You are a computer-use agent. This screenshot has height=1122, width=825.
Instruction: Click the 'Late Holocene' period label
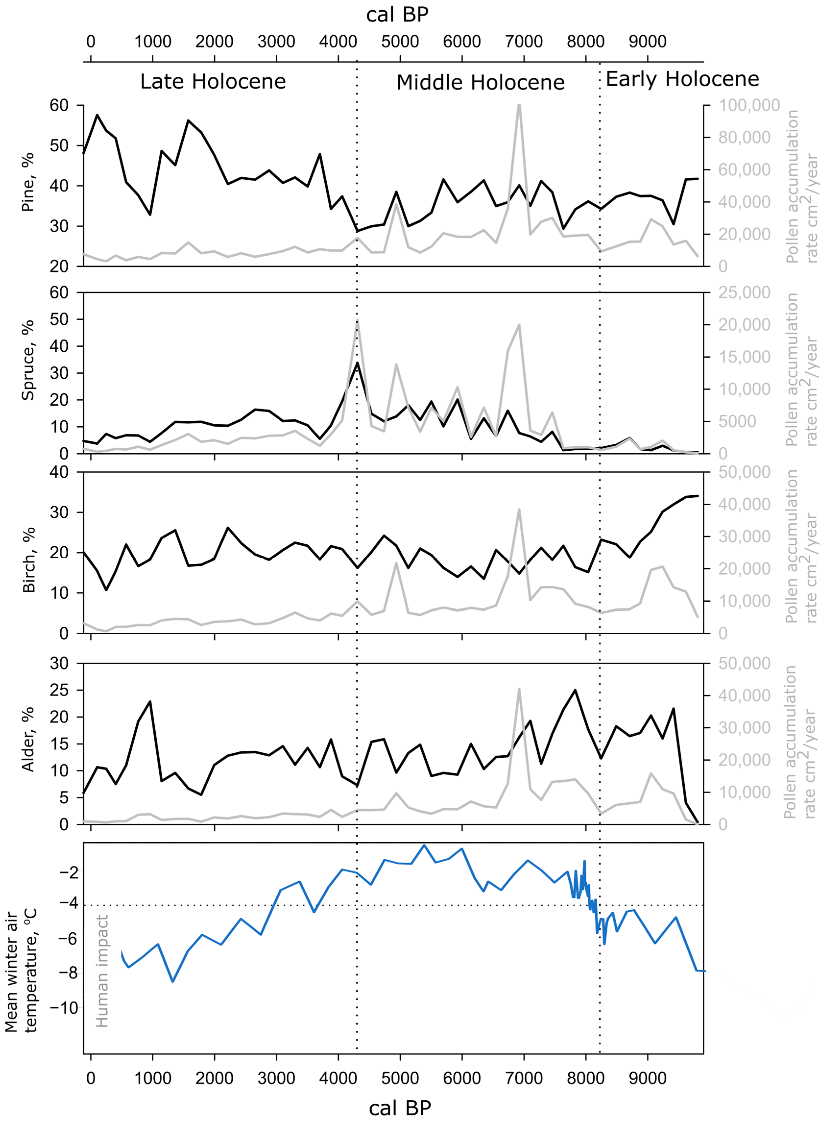[213, 81]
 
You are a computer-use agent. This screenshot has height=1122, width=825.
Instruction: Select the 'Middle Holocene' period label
[480, 82]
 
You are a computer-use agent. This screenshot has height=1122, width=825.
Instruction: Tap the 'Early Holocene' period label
[682, 79]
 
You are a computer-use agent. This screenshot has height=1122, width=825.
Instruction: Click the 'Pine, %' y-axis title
[28, 182]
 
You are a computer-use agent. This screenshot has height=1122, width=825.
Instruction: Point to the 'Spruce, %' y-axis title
[28, 360]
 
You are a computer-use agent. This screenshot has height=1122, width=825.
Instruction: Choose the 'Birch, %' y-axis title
[29, 560]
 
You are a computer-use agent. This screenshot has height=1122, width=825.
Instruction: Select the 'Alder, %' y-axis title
[28, 740]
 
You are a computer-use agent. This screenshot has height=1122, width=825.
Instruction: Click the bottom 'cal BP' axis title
[399, 1108]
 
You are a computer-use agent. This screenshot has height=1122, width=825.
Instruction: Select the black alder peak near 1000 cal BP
[150, 702]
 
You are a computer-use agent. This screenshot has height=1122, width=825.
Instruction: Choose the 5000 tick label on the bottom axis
[400, 1078]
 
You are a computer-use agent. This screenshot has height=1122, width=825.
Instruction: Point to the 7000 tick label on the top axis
[524, 41]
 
